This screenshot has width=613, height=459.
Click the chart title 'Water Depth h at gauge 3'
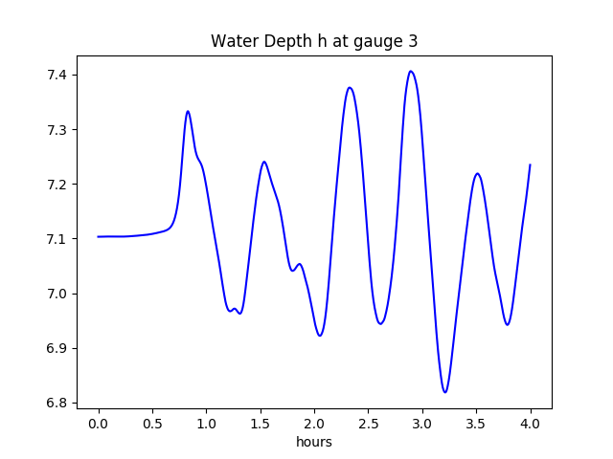[314, 41]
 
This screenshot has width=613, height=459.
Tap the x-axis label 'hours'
[314, 442]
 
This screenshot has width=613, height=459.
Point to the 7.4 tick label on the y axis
[57, 76]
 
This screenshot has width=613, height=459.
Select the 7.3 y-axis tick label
[57, 130]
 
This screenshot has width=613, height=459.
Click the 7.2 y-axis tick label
[57, 185]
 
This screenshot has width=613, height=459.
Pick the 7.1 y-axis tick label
[57, 239]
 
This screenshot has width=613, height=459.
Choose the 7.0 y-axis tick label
[57, 294]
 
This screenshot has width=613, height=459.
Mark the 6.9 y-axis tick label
[57, 348]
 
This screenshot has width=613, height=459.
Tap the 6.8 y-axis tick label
[57, 403]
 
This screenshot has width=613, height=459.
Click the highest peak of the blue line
[411, 71]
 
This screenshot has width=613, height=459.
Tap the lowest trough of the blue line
[445, 392]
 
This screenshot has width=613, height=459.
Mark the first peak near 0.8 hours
[188, 111]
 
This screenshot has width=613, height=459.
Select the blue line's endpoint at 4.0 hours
[530, 164]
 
